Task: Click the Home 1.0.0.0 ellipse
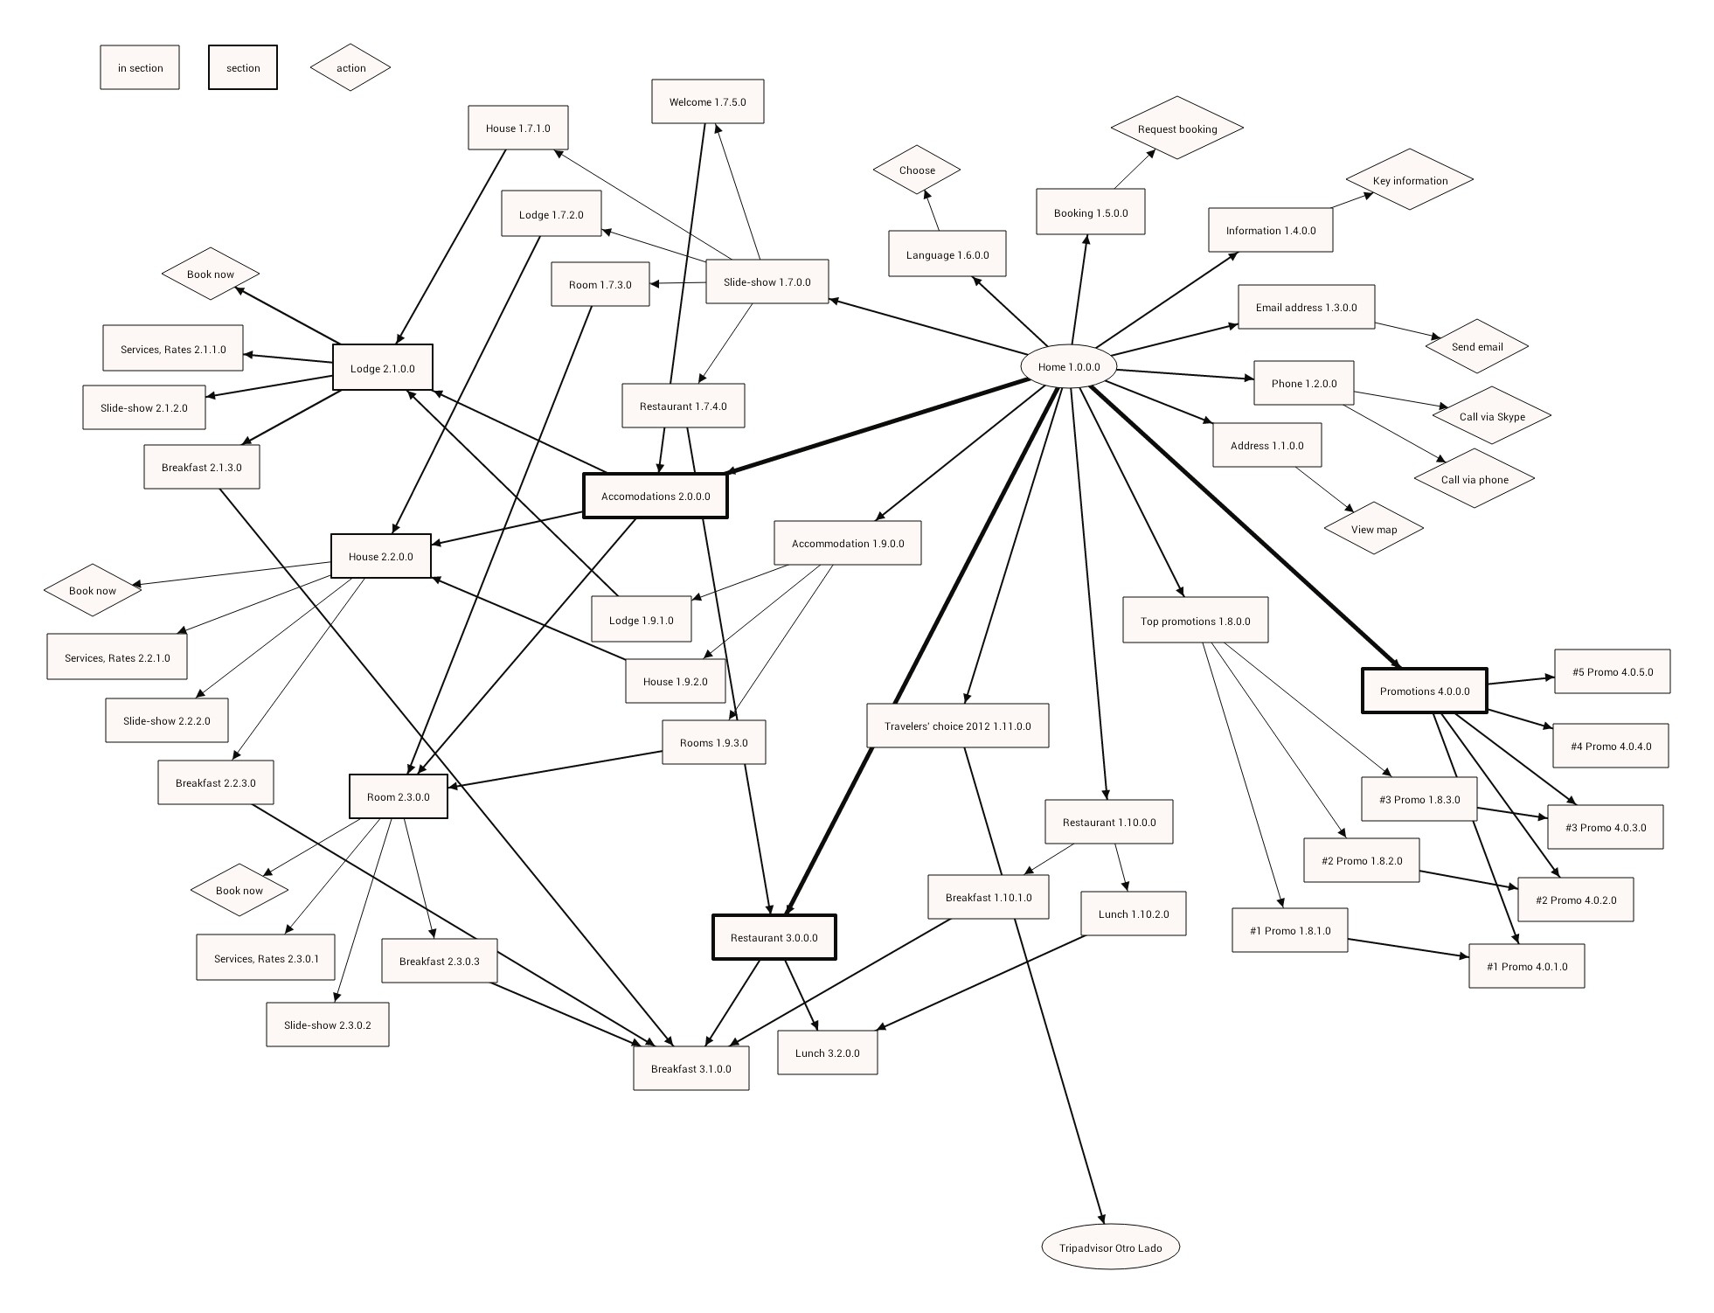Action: [1068, 367]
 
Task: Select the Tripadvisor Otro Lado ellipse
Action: [1110, 1247]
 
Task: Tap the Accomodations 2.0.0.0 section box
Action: [656, 496]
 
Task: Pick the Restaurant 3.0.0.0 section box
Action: [774, 937]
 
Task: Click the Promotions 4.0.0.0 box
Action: [1424, 691]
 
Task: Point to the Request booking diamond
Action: [1176, 129]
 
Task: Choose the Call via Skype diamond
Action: [1491, 416]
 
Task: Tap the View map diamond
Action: [1373, 529]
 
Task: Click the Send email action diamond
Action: [1476, 346]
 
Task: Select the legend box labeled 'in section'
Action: [140, 67]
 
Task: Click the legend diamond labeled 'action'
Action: [350, 67]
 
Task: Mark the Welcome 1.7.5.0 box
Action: [707, 101]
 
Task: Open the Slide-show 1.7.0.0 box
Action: [767, 281]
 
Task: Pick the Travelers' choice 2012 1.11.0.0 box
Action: [957, 726]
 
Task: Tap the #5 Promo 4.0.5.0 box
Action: [1612, 671]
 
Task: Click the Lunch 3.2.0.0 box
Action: [827, 1052]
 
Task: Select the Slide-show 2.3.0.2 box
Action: [327, 1025]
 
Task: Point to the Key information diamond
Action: [1409, 180]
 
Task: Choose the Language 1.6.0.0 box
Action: [947, 254]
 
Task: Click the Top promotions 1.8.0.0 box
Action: [1195, 621]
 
